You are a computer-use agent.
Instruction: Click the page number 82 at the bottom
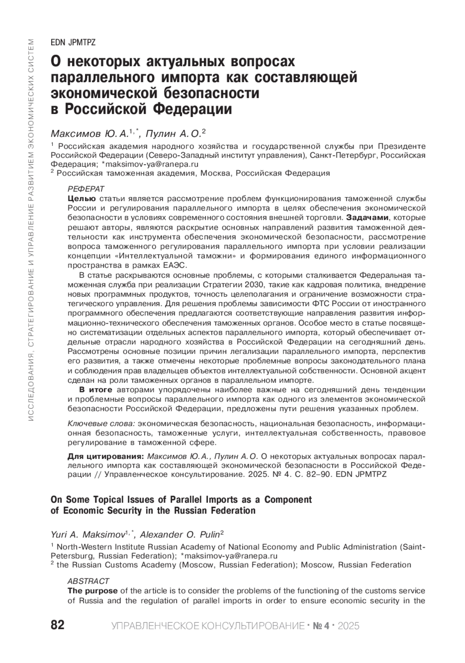coord(58,625)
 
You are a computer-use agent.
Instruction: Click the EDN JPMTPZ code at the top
coord(73,43)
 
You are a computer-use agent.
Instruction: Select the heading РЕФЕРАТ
coord(86,189)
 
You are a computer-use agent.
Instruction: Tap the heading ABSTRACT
coord(88,581)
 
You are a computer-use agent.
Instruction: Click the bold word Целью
coord(81,199)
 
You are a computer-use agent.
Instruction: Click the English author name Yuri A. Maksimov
coord(87,535)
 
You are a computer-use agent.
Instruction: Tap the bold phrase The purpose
coord(92,590)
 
